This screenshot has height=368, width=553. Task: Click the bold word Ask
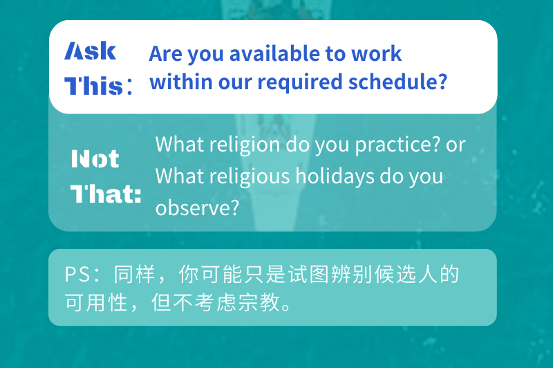pos(91,50)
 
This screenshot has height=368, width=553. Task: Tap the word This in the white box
pos(93,86)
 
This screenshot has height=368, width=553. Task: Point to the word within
pos(181,82)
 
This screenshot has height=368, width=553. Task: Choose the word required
pos(300,83)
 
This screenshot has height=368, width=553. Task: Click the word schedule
pos(393,82)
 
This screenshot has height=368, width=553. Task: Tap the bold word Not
pos(95,158)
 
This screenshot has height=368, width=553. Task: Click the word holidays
pos(335,177)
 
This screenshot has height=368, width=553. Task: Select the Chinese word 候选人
pos(406,274)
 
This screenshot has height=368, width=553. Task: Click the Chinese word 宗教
pos(259,302)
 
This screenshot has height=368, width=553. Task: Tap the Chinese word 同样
pos(134,274)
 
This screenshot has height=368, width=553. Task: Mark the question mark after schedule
pos(443,82)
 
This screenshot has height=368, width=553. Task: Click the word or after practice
pos(456,145)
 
